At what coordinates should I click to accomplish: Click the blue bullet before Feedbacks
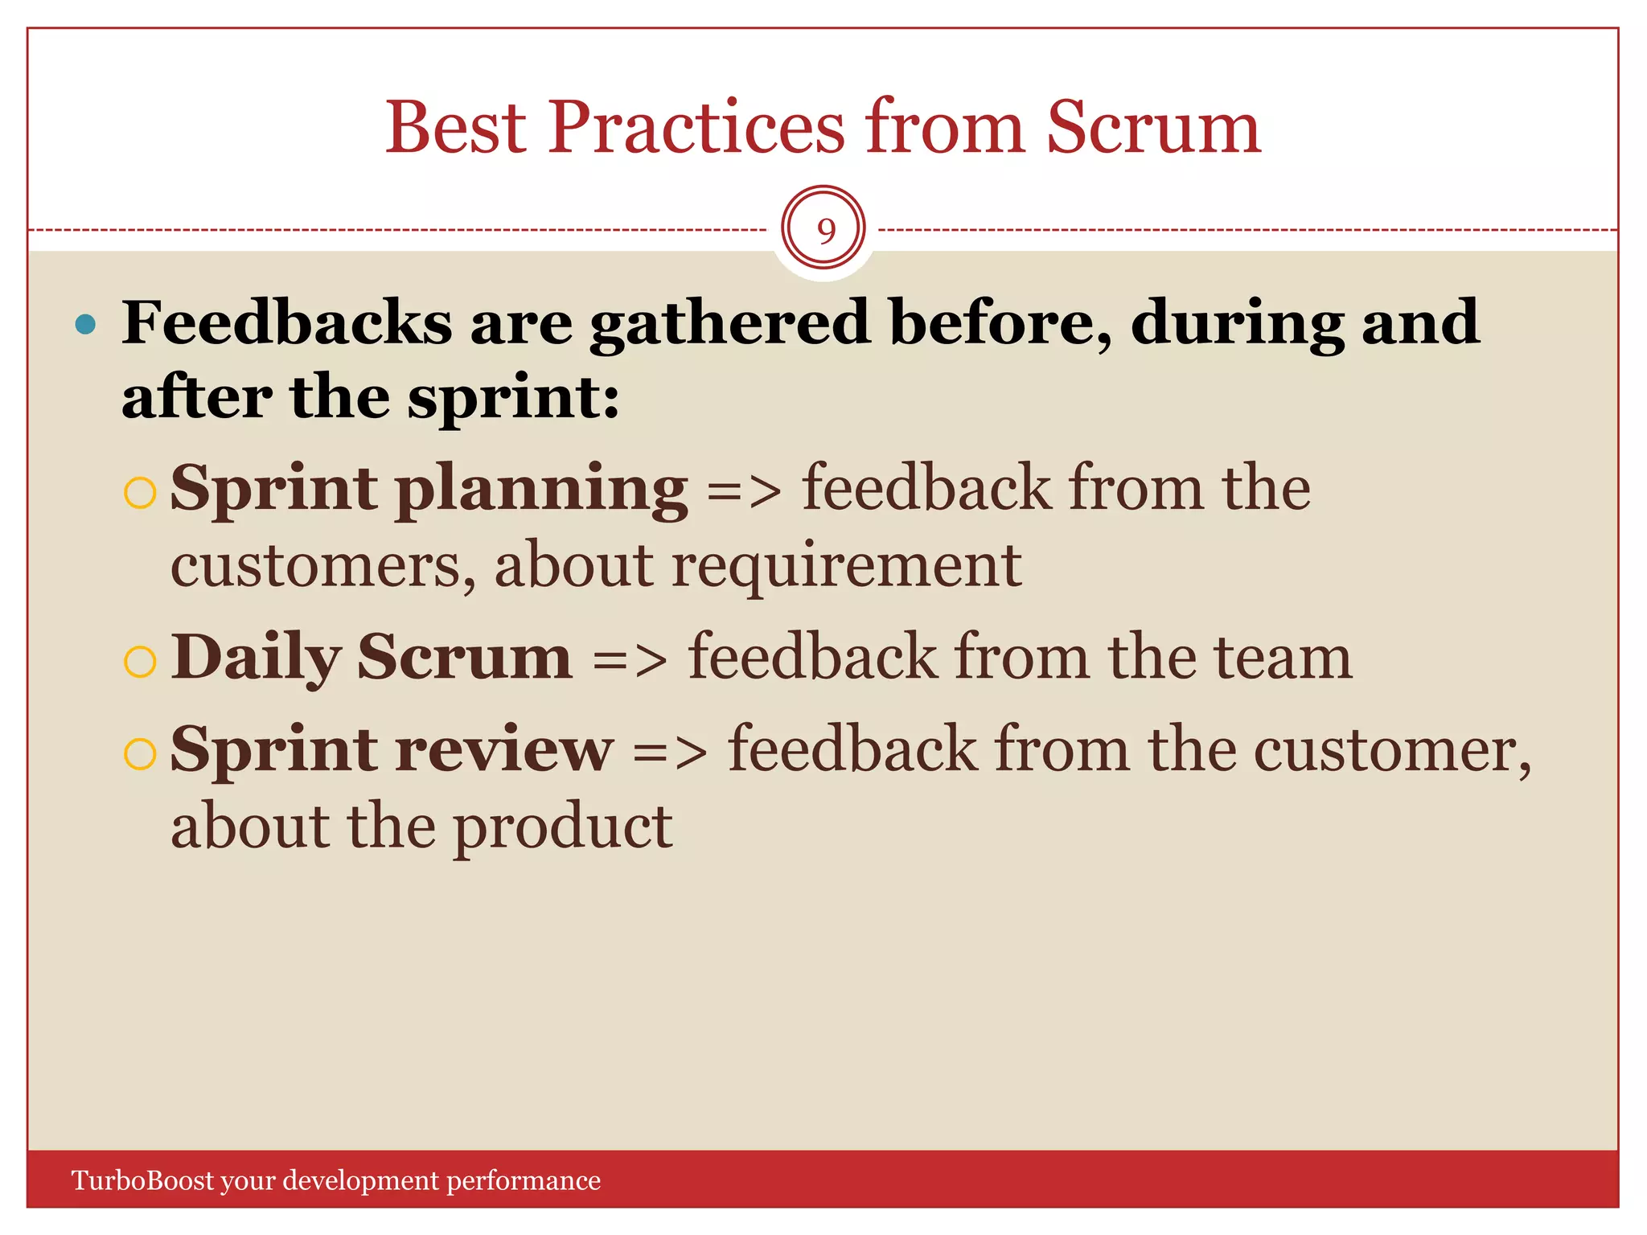tap(85, 325)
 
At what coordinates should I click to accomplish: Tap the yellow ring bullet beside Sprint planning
tap(140, 493)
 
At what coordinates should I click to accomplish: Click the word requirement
tap(846, 566)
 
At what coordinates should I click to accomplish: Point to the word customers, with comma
tap(322, 566)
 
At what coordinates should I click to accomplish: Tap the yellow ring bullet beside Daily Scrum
tap(140, 662)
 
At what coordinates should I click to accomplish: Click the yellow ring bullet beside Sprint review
tap(140, 754)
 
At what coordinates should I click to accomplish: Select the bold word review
tap(504, 750)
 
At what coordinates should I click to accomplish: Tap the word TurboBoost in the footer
tap(143, 1180)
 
